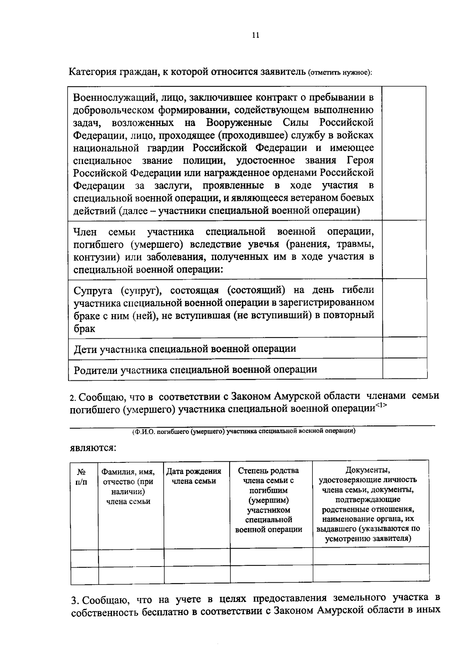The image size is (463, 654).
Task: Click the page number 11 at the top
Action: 255,35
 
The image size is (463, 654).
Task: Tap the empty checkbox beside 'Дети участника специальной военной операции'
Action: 404,348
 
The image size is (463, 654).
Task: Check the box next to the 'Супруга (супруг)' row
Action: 404,308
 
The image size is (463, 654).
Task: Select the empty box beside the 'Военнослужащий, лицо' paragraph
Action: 404,153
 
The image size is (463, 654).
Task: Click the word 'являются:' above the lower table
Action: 93,448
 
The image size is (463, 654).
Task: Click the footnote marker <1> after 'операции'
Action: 381,405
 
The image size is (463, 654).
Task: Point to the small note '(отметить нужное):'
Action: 340,73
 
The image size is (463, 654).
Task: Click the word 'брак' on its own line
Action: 84,328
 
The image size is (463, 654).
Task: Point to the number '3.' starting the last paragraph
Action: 75,600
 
